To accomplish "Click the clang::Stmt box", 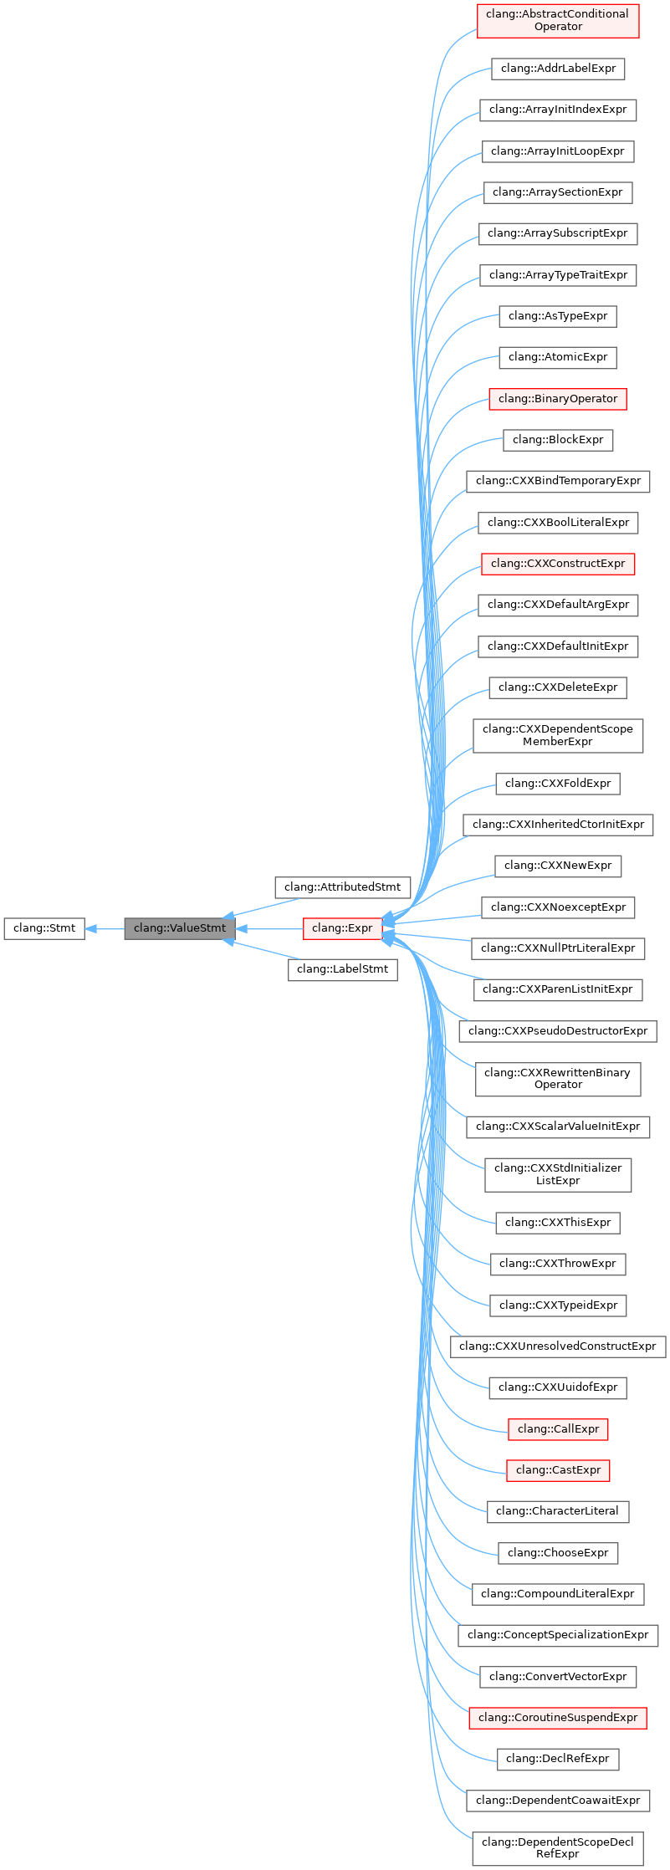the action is [x=44, y=928].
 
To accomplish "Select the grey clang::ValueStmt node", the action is [x=180, y=928].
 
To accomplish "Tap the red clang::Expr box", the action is [x=342, y=928].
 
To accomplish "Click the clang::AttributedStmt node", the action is [x=342, y=887].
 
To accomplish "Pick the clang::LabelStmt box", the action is [x=342, y=969].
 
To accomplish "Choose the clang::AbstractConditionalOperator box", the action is [x=558, y=21].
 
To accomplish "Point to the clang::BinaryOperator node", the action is [x=558, y=399].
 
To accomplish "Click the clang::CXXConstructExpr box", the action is [x=558, y=564].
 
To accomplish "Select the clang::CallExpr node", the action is [x=558, y=1429].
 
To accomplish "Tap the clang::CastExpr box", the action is [x=558, y=1470].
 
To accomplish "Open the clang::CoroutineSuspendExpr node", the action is [x=558, y=1718].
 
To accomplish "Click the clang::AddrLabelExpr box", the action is [x=558, y=69].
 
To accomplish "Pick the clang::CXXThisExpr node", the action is [x=558, y=1223].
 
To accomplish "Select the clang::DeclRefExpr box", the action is [x=558, y=1759].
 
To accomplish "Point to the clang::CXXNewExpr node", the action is [x=558, y=866].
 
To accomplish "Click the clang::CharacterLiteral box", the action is [x=558, y=1511].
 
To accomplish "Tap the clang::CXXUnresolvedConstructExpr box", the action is [x=558, y=1346].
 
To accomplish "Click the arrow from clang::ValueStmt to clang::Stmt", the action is [x=105, y=928].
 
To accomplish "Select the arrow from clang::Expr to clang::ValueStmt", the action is [x=269, y=928].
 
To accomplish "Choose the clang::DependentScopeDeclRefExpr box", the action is [x=558, y=1848].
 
